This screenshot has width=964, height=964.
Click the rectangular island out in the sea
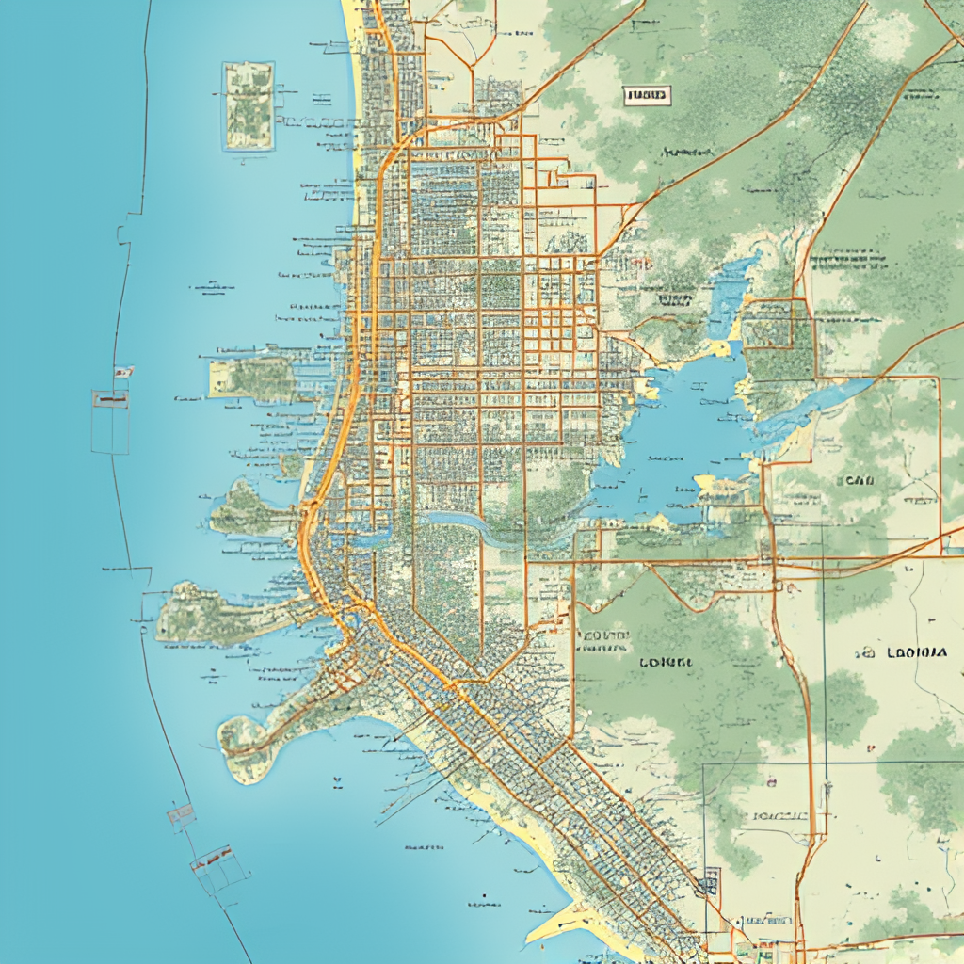[x=249, y=105]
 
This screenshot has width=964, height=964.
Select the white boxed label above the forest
[x=647, y=94]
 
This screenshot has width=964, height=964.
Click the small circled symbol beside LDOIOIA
[x=863, y=652]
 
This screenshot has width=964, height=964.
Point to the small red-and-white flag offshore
[x=122, y=373]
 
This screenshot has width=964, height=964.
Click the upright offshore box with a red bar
[x=110, y=420]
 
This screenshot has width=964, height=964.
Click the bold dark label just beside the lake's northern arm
[x=674, y=300]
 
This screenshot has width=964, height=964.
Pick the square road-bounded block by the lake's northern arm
[x=777, y=324]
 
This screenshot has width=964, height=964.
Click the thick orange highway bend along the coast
[x=311, y=537]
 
